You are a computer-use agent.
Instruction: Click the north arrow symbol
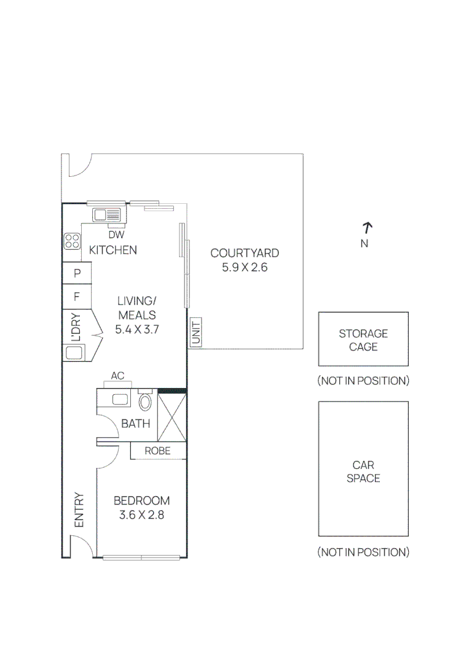367,228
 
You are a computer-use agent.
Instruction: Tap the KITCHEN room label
113,250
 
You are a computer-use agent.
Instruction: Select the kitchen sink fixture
107,215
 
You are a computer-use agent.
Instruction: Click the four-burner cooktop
72,241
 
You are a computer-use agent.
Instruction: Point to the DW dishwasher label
116,235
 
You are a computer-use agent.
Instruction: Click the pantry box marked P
77,273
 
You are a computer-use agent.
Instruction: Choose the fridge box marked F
77,297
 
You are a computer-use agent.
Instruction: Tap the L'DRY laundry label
76,327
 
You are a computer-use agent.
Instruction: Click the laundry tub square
74,352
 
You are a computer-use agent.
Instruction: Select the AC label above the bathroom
117,376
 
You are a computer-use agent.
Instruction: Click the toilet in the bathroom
145,401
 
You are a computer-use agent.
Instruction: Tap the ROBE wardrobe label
157,451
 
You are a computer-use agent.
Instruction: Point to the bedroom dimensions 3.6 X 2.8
141,515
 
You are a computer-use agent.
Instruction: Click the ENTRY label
79,510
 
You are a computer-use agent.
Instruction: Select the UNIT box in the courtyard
195,332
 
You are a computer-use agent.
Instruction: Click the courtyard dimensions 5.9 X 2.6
245,267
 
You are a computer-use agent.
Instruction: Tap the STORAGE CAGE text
363,340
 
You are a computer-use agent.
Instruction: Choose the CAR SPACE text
363,471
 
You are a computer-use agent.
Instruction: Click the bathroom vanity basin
120,399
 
